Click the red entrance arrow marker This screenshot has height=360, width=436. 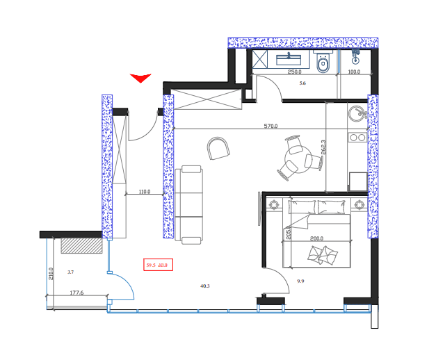click(x=140, y=78)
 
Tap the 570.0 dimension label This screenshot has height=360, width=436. click(x=271, y=126)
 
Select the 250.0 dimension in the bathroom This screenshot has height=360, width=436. click(x=294, y=72)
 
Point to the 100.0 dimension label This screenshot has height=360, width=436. click(x=354, y=72)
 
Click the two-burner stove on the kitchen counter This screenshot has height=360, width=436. click(x=358, y=138)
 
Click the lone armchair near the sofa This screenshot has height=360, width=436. click(x=219, y=147)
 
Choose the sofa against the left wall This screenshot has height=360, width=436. click(x=188, y=204)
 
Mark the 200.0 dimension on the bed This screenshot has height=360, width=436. click(x=317, y=238)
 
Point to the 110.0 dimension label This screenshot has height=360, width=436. click(x=145, y=191)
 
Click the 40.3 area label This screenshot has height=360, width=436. click(x=204, y=286)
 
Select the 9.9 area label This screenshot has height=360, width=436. click(x=300, y=281)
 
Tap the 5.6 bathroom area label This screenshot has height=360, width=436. click(x=302, y=83)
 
